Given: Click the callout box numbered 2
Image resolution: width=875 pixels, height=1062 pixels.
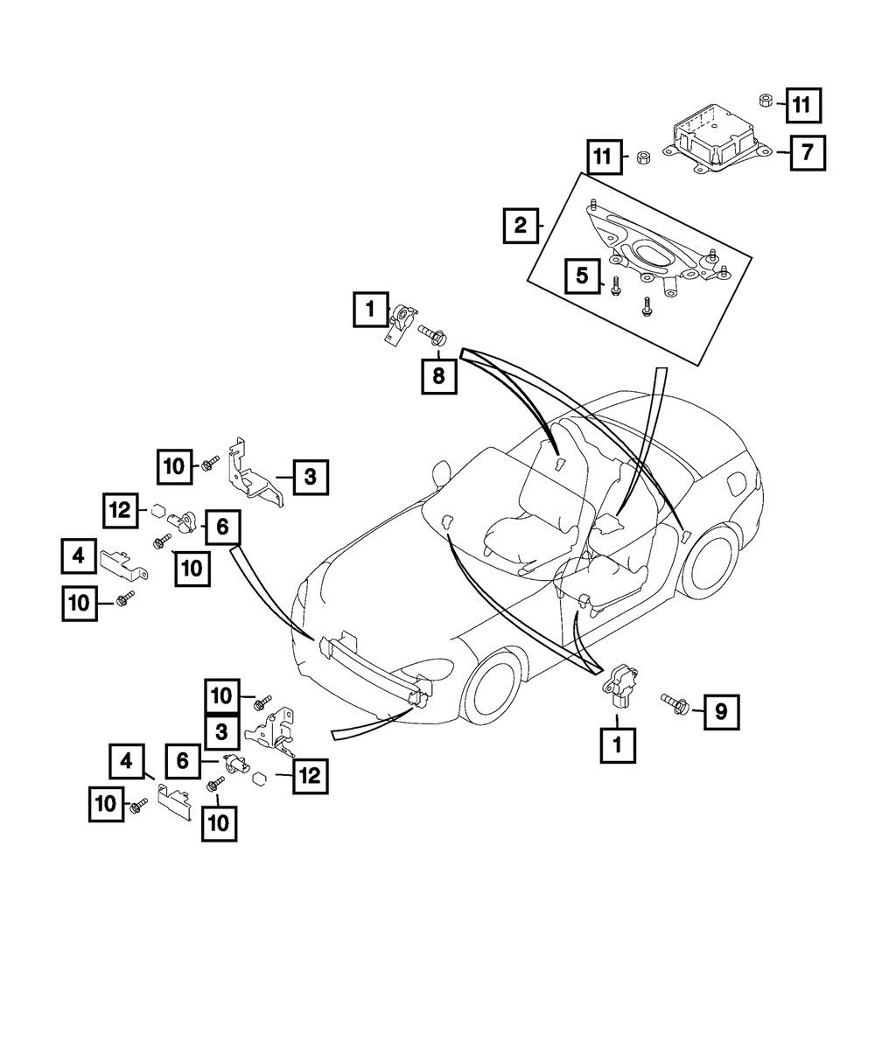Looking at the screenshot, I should coord(520,227).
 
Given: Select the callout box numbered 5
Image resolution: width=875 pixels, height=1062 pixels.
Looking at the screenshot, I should coord(581,276).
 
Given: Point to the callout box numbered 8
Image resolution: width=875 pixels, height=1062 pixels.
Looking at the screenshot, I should coord(438,376).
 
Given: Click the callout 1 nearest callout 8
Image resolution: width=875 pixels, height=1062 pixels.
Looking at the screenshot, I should coord(371,309).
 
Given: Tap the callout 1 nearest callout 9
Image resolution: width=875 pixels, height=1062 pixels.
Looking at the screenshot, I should coord(618,746).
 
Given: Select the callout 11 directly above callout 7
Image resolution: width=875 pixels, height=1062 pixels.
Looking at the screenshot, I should coord(801,105).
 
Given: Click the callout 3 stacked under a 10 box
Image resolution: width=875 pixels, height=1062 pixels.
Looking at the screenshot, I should coord(222,729).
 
